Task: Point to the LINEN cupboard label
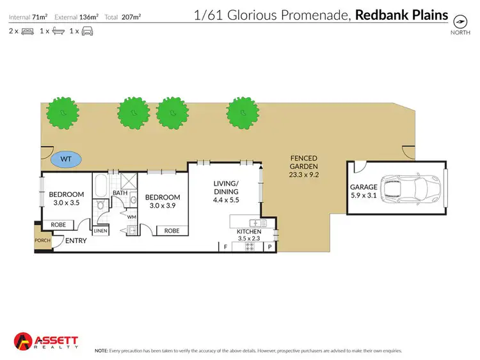pyautogui.click(x=101, y=231)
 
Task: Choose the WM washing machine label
pyautogui.click(x=132, y=217)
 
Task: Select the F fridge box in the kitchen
pyautogui.click(x=225, y=246)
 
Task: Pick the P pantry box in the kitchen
pyautogui.click(x=269, y=246)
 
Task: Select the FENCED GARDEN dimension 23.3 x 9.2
pyautogui.click(x=304, y=173)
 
